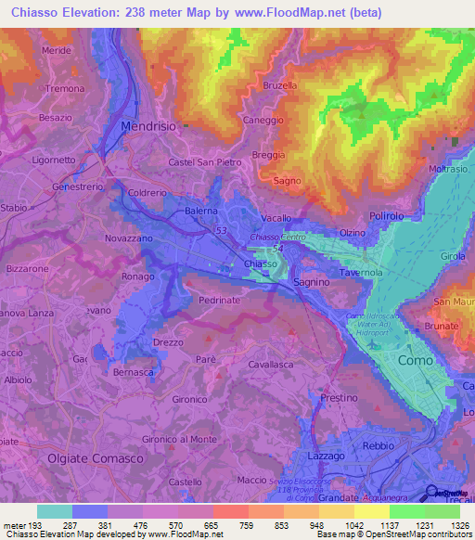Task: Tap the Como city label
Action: point(415,360)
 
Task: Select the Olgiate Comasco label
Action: point(96,458)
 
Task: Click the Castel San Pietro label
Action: point(205,162)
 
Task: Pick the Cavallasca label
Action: point(271,366)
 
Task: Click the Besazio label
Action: point(56,118)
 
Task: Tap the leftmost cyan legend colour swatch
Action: point(54,511)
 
